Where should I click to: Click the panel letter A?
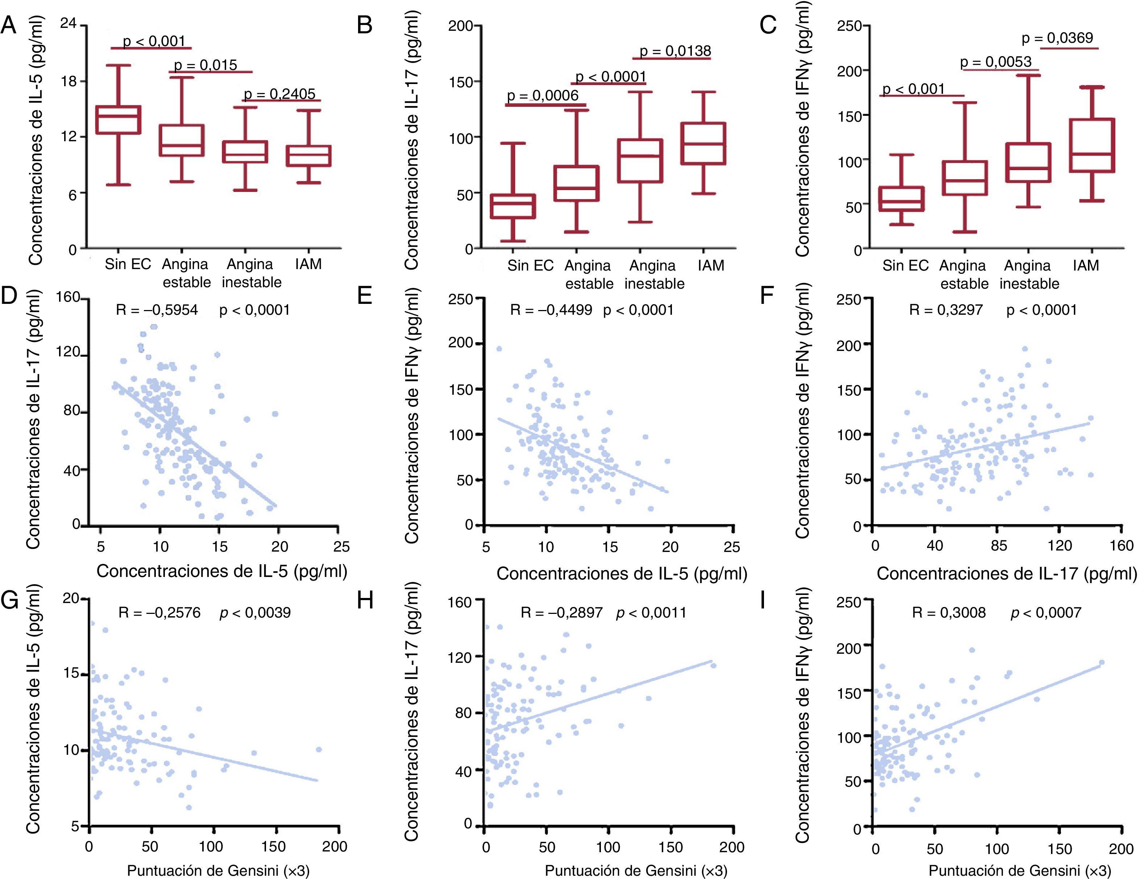pos(8,25)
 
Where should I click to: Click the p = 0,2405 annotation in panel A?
pos(280,94)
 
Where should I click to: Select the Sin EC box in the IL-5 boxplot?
pos(118,120)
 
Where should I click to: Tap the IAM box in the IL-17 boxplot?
pos(703,144)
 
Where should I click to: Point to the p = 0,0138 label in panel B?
pos(675,51)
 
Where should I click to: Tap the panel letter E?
pos(365,296)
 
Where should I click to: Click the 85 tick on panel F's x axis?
pos(998,546)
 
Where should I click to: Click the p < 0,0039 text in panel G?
pos(255,612)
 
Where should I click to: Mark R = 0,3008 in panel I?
pos(949,612)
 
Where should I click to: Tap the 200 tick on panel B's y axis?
pos(460,26)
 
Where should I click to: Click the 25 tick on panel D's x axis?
pos(341,546)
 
